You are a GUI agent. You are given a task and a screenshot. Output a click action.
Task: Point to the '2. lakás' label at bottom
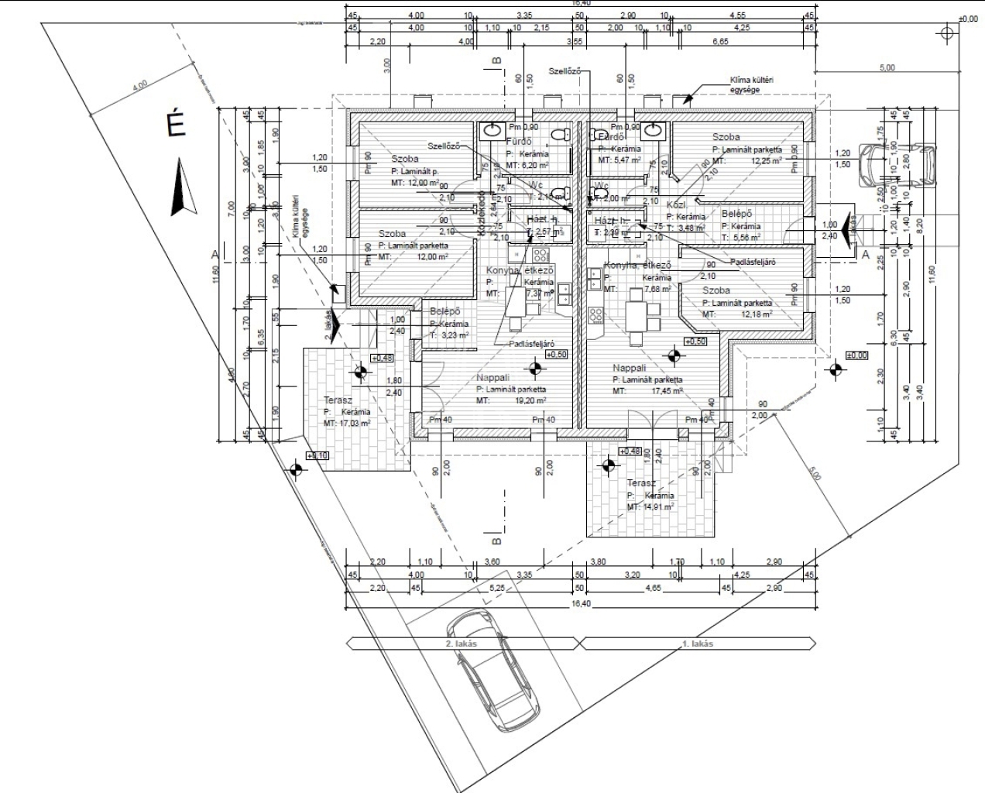(462, 644)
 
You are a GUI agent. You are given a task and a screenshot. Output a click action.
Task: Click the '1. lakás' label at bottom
(697, 644)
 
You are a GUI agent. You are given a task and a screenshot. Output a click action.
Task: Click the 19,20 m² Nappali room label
(493, 378)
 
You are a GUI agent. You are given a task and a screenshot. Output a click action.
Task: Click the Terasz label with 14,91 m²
(641, 483)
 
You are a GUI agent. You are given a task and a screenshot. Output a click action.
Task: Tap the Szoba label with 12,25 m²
(726, 137)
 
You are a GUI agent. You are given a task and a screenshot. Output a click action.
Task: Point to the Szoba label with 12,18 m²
(716, 290)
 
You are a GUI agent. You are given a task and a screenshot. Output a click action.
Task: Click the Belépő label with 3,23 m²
(444, 312)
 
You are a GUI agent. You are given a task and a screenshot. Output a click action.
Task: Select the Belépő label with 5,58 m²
(736, 214)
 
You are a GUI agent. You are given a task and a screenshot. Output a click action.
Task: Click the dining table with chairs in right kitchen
(635, 314)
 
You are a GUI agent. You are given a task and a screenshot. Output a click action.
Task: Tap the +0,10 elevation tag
(318, 456)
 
